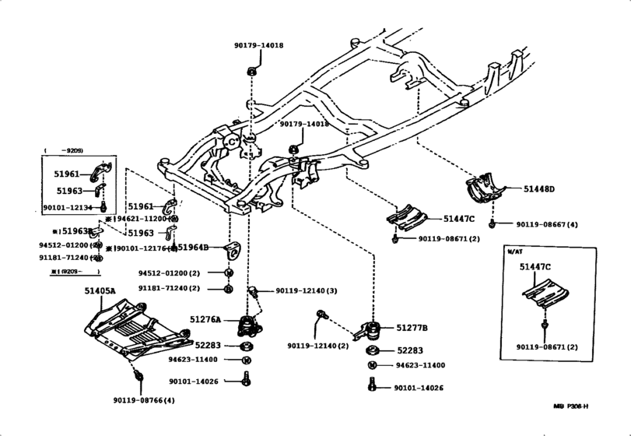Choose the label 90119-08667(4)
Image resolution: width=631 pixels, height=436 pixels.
coord(547,224)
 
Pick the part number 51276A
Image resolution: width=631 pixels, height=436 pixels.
coord(205,319)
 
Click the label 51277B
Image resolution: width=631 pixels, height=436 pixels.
coord(412,328)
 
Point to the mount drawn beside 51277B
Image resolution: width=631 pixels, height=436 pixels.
coord(370,332)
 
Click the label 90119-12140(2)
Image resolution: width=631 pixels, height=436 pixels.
coord(317,345)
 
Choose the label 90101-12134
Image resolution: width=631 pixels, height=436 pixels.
coord(68,208)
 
